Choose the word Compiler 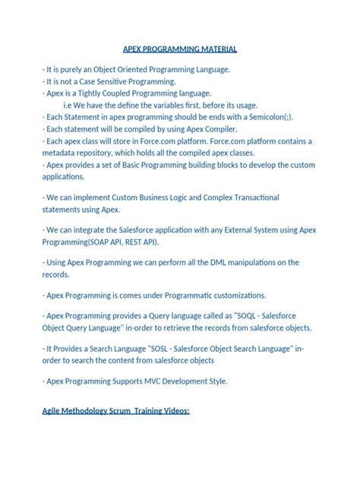click(x=216, y=129)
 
